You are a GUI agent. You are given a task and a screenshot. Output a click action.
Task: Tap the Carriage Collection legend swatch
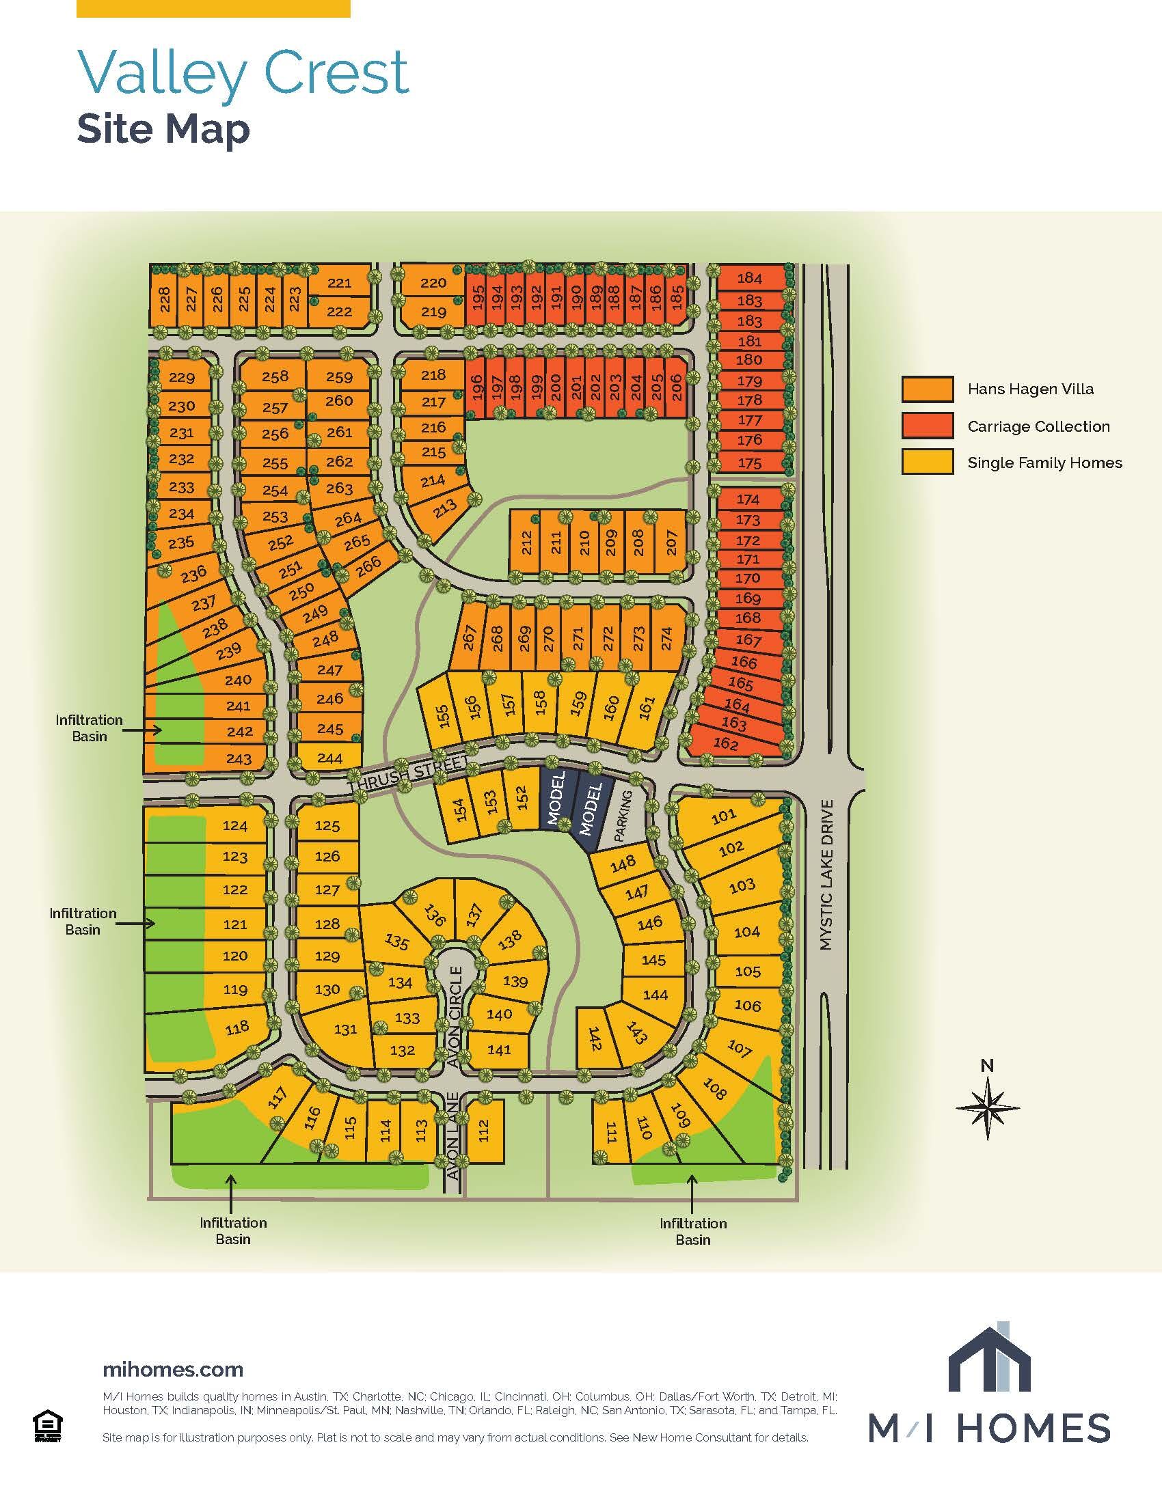tap(928, 426)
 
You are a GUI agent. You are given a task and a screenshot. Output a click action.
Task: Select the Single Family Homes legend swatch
tap(928, 463)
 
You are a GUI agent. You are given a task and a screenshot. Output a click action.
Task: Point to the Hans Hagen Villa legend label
tap(1030, 389)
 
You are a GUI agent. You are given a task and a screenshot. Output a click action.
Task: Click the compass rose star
tap(987, 1107)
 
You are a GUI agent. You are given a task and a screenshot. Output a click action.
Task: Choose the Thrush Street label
tap(407, 775)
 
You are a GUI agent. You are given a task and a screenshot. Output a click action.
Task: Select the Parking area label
tap(622, 816)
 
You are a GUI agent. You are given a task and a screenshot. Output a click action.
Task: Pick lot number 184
tap(750, 279)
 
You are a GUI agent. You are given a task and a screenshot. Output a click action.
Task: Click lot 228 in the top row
tap(165, 299)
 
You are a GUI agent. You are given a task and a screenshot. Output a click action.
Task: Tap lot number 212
tap(526, 542)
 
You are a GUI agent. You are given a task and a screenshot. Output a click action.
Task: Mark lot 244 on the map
tap(330, 758)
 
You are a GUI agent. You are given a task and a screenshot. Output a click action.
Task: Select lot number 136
tap(435, 915)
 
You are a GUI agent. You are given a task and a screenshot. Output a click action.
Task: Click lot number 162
tap(726, 744)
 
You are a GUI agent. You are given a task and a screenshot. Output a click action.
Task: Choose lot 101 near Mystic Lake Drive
tap(723, 816)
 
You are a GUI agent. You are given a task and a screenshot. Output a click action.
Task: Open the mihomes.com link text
tap(173, 1370)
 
